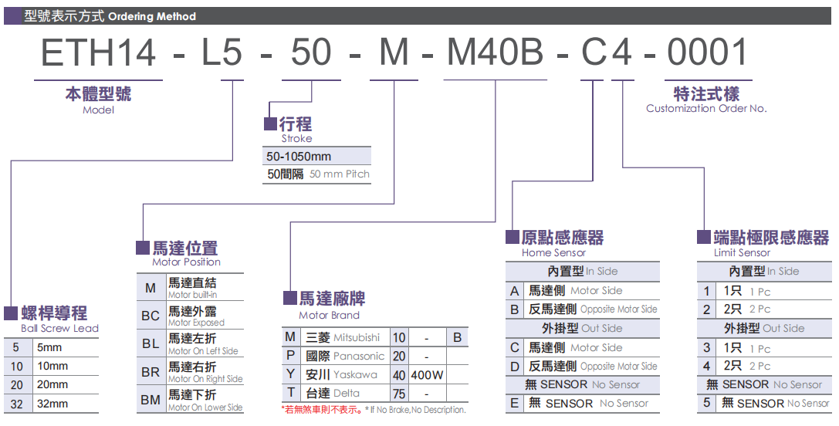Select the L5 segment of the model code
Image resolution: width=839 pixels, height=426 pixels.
(x=222, y=52)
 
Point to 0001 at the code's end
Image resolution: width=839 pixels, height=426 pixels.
(x=708, y=52)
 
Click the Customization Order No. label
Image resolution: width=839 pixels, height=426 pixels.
(x=706, y=109)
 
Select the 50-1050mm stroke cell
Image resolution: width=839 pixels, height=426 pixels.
(x=299, y=157)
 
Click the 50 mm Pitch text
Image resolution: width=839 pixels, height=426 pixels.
(x=340, y=174)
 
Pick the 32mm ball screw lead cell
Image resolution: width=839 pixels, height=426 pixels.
(x=52, y=403)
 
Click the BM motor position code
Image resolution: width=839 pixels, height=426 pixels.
(x=151, y=401)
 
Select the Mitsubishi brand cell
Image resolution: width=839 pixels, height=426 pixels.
(x=343, y=337)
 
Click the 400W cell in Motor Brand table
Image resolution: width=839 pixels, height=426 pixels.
(x=427, y=375)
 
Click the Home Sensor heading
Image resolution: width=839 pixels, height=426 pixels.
(x=553, y=252)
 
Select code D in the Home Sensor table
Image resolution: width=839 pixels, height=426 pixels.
(x=515, y=366)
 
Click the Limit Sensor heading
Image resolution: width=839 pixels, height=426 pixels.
(x=742, y=252)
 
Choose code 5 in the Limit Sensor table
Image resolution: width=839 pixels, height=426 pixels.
(x=706, y=403)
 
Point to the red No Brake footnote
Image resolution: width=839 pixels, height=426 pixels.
(x=374, y=410)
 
